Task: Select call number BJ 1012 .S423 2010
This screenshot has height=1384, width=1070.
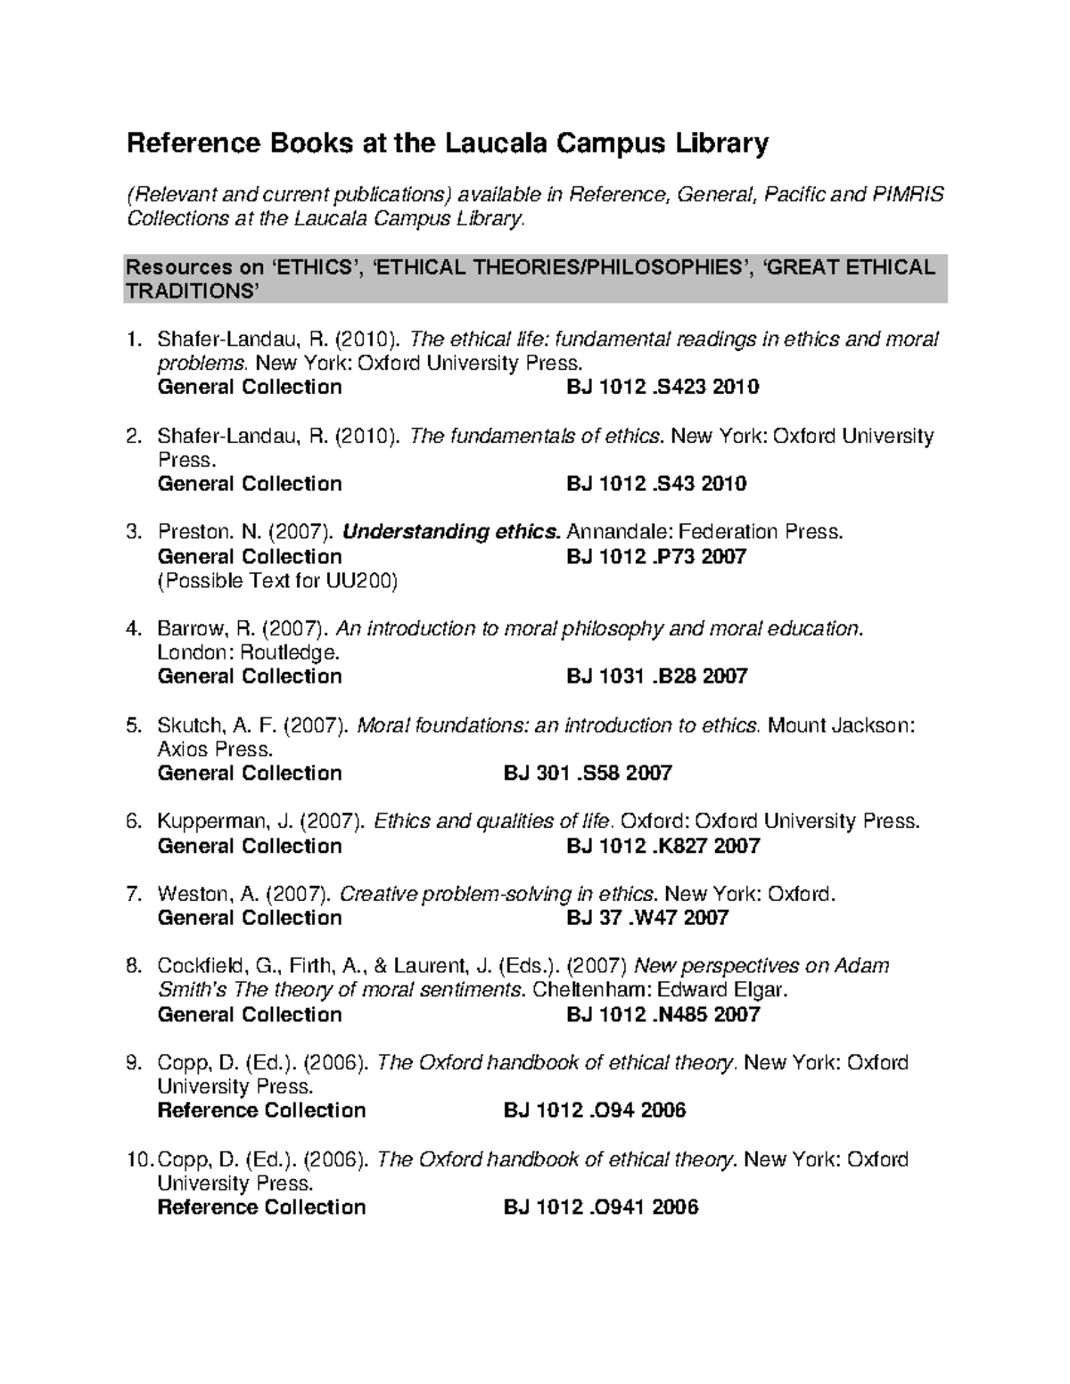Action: tap(663, 387)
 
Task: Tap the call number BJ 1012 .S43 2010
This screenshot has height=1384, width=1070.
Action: tap(656, 484)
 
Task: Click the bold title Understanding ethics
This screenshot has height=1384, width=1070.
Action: tap(452, 533)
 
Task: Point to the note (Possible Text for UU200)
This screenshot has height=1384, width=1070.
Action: tap(277, 581)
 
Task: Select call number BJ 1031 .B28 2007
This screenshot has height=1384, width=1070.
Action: tap(656, 676)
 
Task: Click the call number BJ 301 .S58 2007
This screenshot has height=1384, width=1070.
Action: tap(588, 774)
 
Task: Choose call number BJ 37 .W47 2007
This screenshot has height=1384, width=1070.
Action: tap(647, 918)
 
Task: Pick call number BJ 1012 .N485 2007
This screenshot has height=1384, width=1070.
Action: tap(663, 1015)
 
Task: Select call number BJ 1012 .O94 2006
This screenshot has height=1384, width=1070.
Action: tap(595, 1110)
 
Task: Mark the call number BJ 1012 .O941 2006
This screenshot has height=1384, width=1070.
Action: tap(601, 1208)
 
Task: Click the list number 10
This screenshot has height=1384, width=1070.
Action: tap(140, 1159)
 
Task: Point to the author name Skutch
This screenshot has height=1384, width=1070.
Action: tap(186, 725)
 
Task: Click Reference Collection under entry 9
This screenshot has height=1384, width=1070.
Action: tap(261, 1110)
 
